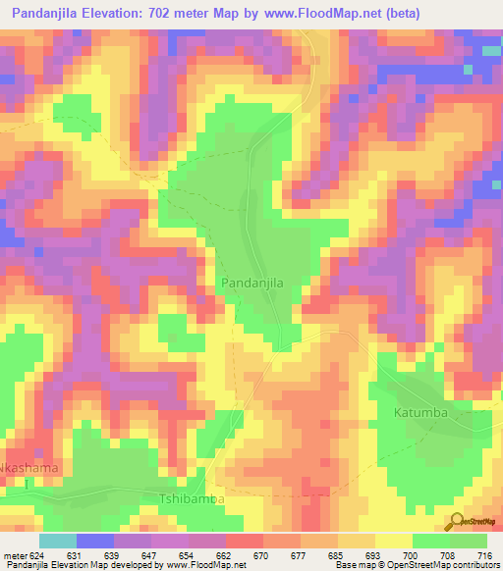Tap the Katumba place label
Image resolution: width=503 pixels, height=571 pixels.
point(421,412)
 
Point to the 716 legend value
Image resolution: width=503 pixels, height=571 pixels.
point(485,556)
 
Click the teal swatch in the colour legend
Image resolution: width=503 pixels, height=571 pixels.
point(57,541)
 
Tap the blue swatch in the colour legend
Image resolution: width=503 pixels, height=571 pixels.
point(94,541)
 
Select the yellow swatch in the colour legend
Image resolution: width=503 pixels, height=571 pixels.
point(393,541)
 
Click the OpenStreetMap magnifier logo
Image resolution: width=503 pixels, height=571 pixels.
point(458,522)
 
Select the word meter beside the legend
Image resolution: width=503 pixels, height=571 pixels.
point(16,556)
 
